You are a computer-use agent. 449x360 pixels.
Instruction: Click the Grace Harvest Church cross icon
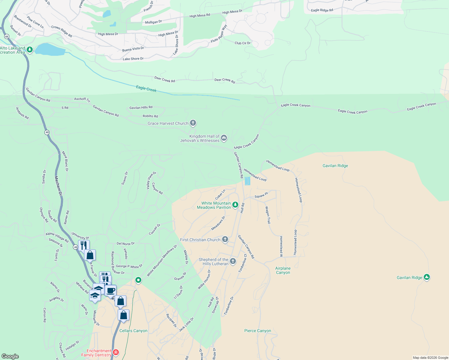coord(193,123)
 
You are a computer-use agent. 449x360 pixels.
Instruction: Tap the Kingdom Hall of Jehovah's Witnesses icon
coord(224,138)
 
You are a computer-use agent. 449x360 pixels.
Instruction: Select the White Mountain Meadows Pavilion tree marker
coord(235,205)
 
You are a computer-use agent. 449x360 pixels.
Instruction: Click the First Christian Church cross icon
coord(225,239)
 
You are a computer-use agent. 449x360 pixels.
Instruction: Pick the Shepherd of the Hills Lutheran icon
coord(233,262)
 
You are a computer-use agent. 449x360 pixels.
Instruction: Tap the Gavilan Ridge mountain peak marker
coord(426,277)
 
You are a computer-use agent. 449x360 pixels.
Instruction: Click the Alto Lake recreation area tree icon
coord(29,49)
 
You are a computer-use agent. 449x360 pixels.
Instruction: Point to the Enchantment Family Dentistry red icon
coord(116,352)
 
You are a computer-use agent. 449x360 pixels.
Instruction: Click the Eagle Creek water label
coord(146,88)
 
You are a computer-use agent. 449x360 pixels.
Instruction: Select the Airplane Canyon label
coord(283,270)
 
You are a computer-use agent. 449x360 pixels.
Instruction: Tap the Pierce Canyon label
coord(258,331)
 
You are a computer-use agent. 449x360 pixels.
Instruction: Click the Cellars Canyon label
coord(133,331)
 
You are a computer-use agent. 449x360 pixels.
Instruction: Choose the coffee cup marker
coord(110,291)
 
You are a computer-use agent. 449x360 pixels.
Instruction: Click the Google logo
coord(10,356)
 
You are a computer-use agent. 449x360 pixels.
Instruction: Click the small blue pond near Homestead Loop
coord(247,181)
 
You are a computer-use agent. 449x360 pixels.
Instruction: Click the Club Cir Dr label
coord(243,43)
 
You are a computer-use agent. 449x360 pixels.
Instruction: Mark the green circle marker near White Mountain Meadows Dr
coord(138,280)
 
